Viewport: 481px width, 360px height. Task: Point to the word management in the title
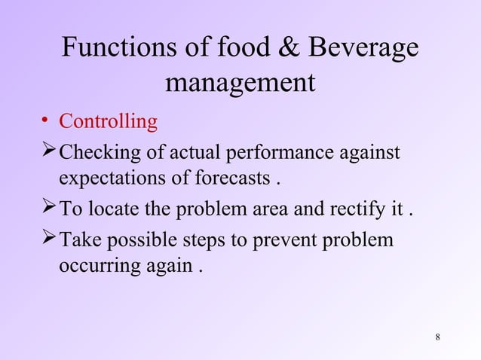click(240, 82)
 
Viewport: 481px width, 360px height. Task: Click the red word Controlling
click(109, 121)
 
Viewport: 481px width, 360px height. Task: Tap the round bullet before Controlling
click(46, 121)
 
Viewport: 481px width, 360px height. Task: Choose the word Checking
click(92, 153)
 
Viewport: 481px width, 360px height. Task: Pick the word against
click(369, 153)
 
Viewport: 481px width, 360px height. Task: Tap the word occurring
click(95, 267)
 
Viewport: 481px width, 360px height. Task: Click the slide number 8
click(438, 336)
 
